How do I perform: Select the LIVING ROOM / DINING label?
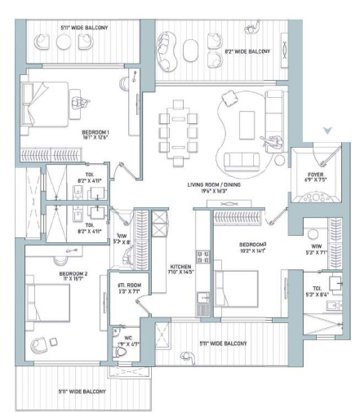(x=218, y=185)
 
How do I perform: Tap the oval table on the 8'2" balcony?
(x=190, y=52)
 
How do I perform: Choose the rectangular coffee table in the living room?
(x=247, y=122)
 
